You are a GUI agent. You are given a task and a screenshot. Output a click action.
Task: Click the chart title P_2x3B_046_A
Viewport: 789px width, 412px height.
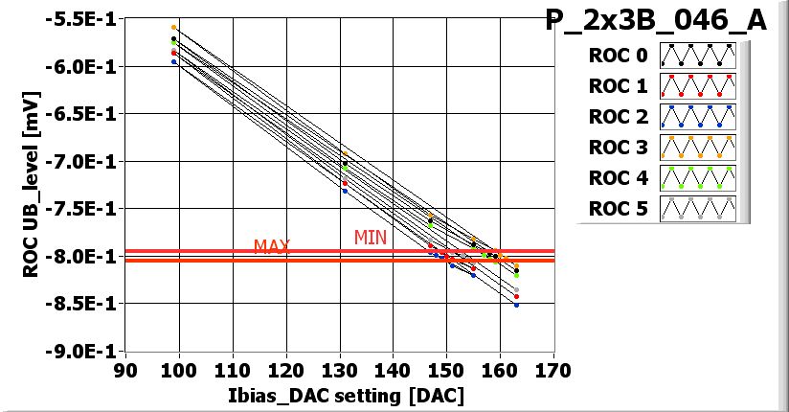(x=656, y=20)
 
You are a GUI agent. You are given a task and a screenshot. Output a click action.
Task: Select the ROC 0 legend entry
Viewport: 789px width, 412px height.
(x=619, y=56)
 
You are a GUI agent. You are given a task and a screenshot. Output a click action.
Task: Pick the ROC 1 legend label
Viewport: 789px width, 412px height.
(x=619, y=86)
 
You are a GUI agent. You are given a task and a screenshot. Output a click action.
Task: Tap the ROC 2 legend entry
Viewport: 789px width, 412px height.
(x=619, y=117)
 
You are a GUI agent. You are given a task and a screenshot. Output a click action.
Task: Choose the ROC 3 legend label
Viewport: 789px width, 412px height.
(x=619, y=148)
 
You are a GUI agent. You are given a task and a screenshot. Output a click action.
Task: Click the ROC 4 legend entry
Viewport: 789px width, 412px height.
(x=619, y=178)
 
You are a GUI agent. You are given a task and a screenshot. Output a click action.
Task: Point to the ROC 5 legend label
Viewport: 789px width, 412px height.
(x=619, y=209)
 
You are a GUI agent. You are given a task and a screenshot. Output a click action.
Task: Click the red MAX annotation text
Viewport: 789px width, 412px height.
(x=272, y=247)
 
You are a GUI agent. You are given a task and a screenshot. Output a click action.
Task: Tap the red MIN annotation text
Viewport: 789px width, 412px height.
(x=371, y=237)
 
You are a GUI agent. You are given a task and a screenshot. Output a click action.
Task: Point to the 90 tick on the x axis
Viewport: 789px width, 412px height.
(x=124, y=371)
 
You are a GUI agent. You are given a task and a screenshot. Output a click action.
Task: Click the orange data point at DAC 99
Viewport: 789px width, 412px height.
(x=173, y=28)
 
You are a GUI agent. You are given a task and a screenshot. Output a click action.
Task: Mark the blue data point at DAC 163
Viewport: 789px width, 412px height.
(x=516, y=305)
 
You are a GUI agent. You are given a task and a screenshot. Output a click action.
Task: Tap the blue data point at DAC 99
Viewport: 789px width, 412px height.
(x=173, y=61)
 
